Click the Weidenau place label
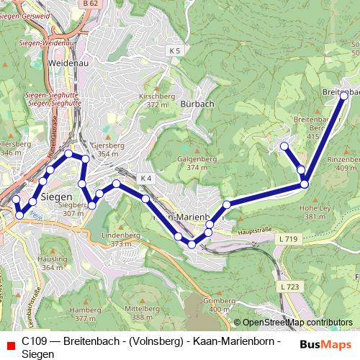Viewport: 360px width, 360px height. [x=68, y=63]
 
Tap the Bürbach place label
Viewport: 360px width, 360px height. [x=199, y=104]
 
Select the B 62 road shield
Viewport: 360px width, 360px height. [x=90, y=4]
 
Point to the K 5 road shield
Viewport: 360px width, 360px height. [x=175, y=50]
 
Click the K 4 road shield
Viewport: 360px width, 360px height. [x=145, y=178]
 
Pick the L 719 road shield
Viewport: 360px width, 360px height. [x=287, y=238]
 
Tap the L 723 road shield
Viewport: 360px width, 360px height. [x=289, y=287]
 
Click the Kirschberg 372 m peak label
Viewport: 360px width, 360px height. [x=157, y=100]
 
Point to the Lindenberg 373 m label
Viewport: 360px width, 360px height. [x=121, y=239]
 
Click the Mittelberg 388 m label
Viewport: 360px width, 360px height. [x=140, y=312]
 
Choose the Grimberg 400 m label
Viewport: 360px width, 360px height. [x=220, y=305]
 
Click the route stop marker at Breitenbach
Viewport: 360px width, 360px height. [x=344, y=95]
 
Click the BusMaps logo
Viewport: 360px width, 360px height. [x=321, y=344]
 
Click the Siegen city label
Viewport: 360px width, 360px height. [x=56, y=196]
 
